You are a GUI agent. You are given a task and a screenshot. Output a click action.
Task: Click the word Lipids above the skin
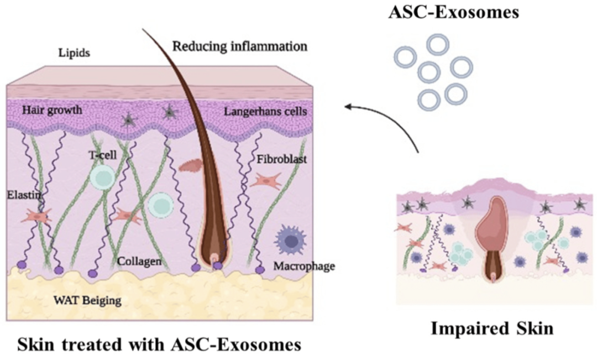click(74, 53)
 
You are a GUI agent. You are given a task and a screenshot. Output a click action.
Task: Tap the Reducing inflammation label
click(240, 46)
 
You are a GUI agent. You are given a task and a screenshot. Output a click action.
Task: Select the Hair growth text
click(52, 111)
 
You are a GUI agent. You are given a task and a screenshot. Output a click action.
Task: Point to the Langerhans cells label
click(265, 111)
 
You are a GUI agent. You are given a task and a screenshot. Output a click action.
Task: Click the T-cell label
click(103, 155)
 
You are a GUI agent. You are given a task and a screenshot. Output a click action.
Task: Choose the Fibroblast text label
click(282, 159)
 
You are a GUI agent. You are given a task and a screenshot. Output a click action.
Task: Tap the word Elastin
click(24, 195)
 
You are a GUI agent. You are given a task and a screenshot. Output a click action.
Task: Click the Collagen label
click(139, 262)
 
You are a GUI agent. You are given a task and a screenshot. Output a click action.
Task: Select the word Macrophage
click(304, 266)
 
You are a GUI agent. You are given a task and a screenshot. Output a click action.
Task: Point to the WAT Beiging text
click(87, 300)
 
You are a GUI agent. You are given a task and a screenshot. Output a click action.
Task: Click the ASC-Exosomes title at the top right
click(453, 13)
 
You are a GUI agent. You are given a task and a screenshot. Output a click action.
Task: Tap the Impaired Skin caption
click(492, 328)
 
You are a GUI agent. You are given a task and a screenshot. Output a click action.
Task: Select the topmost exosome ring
click(438, 45)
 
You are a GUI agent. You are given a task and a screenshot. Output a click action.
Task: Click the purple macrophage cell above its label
click(290, 240)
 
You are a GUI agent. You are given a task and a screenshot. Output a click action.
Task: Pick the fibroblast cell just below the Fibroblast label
click(266, 181)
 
